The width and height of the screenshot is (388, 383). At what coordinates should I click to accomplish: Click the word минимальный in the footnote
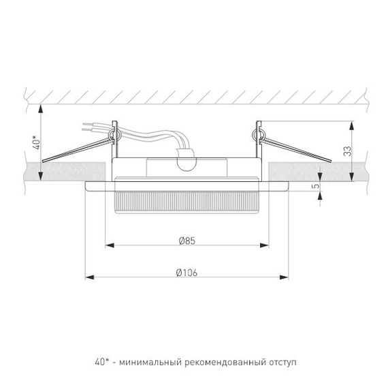pyautogui.click(x=148, y=361)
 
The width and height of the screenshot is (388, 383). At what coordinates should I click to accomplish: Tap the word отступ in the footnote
pyautogui.click(x=281, y=361)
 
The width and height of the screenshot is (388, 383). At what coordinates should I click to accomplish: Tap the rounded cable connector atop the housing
pyautogui.click(x=185, y=162)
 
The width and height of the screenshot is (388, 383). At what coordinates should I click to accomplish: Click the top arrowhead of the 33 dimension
pyautogui.click(x=352, y=125)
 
